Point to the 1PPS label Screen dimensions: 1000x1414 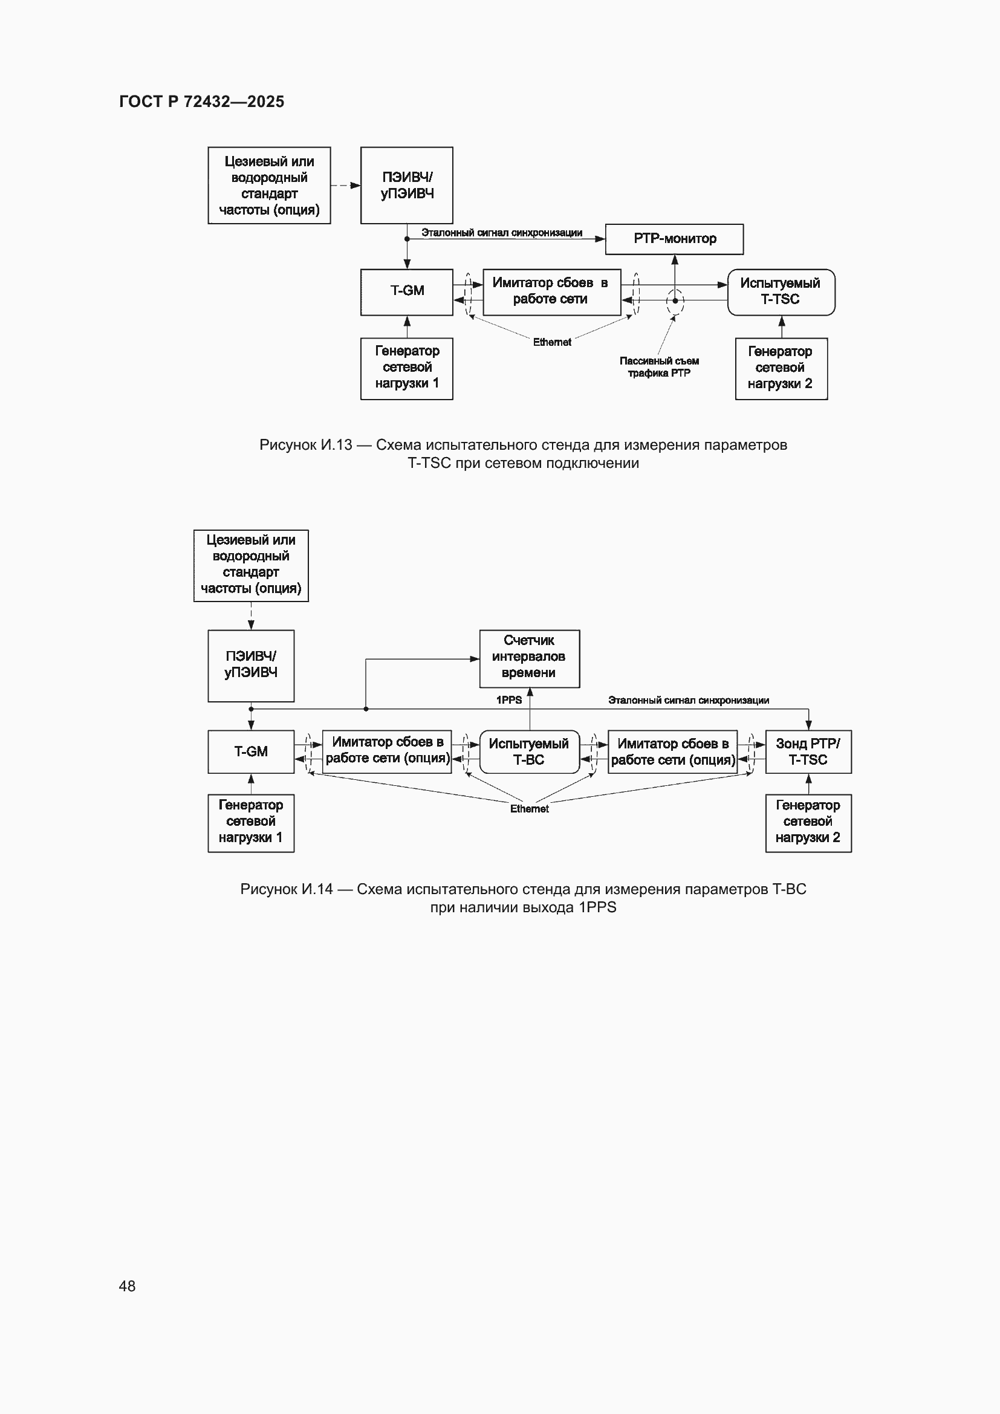508,700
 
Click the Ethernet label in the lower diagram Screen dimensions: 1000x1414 529,809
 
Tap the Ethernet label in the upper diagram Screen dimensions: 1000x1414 552,342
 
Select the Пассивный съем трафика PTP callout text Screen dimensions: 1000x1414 659,367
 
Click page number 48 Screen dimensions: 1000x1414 127,1286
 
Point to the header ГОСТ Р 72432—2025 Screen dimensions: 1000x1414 201,102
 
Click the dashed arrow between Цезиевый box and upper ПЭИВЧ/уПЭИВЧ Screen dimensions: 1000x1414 345,186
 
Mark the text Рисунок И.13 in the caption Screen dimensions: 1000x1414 305,445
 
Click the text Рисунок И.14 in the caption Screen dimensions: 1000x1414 287,889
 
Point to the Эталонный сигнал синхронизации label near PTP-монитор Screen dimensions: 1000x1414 501,233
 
